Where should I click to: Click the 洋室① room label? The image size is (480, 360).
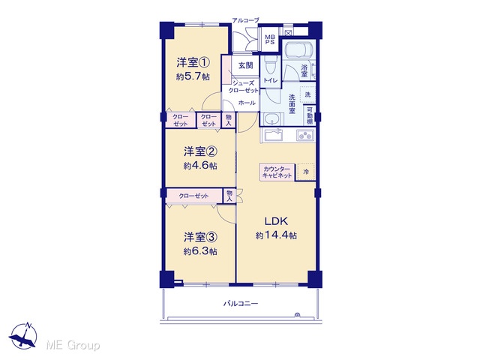coord(193,63)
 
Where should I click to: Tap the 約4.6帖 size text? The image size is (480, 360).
coord(200,166)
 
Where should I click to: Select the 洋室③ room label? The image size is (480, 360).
coord(200,237)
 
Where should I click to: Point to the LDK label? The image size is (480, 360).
coord(276,220)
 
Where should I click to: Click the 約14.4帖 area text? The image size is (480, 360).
coord(276,235)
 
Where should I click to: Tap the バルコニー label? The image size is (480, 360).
coord(241,304)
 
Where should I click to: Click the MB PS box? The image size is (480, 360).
coord(270,40)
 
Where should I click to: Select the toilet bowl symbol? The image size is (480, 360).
coord(270,65)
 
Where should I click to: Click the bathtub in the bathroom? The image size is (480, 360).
coord(298,49)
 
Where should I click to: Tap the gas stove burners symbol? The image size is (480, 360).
coord(305,135)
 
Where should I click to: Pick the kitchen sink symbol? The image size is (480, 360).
coord(274,135)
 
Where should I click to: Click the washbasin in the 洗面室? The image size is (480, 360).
coord(271,118)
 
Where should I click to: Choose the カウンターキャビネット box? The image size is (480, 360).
coord(277,172)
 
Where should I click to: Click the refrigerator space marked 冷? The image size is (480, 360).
coord(306,172)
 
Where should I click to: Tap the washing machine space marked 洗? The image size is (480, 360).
coord(307,94)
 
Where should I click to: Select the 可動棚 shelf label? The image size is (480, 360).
coord(310,115)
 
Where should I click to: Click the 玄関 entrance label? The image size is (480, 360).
coord(246,65)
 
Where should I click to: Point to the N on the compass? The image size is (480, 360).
coord(28,325)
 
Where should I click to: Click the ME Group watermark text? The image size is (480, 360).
coord(73,345)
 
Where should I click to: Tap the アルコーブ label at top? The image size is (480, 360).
coord(245,20)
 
